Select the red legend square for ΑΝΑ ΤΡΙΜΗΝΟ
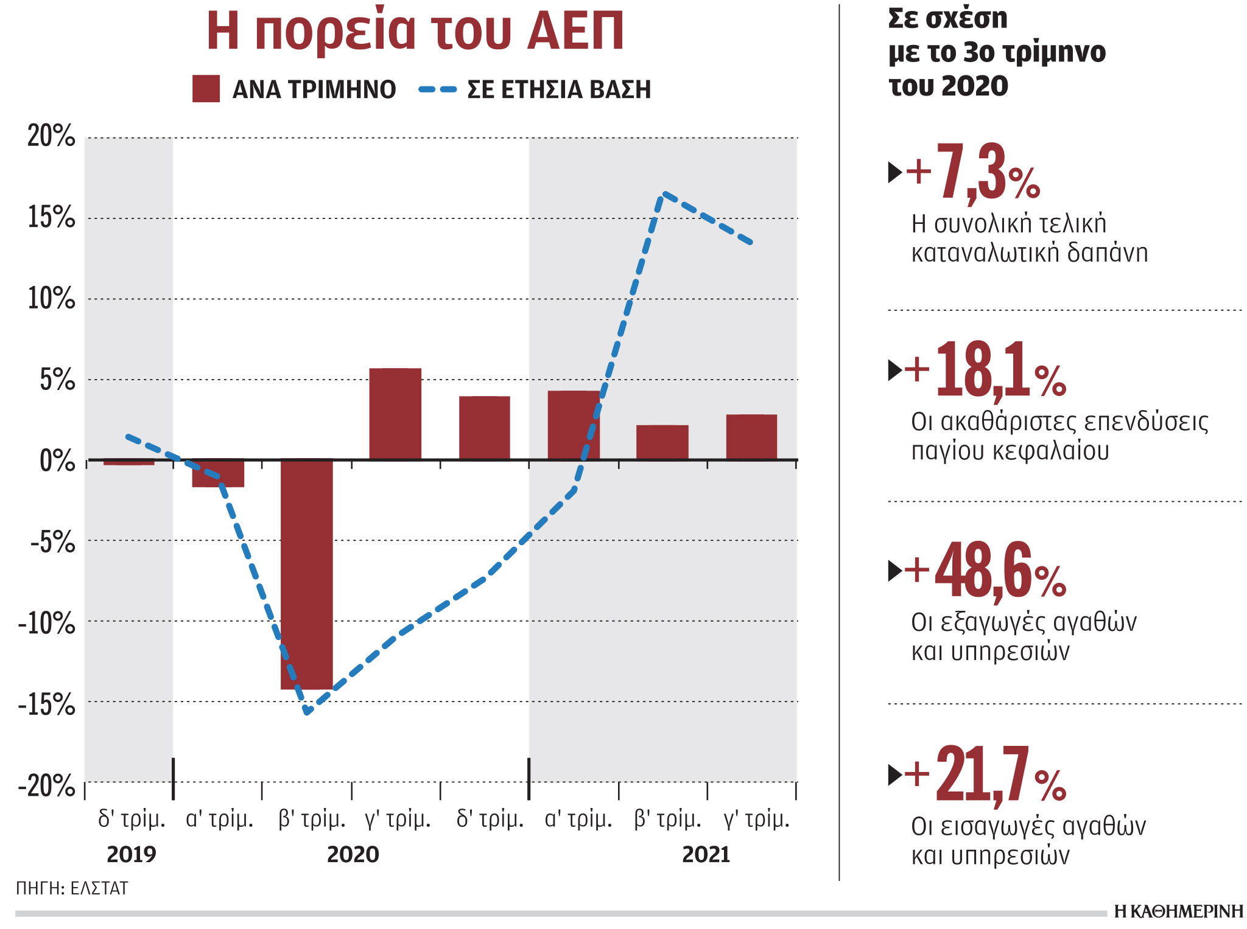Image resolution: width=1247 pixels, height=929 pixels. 206,89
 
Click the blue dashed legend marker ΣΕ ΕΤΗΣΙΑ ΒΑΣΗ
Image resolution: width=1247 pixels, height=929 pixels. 437,89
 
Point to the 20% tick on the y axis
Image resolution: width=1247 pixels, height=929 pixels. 51,136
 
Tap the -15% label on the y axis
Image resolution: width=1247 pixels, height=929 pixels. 47,705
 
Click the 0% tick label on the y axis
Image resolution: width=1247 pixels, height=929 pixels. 57,461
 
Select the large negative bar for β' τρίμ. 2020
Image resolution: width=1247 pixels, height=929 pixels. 307,574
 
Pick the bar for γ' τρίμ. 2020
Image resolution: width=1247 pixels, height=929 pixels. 395,414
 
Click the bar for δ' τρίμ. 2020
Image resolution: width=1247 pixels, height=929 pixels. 485,428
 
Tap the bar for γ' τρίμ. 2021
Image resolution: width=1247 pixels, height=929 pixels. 751,437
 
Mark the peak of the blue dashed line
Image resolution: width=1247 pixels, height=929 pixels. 664,193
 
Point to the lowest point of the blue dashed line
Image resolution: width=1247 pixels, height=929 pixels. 307,712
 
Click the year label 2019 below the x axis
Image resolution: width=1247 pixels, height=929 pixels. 132,855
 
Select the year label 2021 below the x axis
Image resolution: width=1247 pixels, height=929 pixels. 706,855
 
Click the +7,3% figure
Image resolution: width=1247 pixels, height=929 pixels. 973,173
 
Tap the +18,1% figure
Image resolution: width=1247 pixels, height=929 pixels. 985,370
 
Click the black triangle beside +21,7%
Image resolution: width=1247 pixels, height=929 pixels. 894,774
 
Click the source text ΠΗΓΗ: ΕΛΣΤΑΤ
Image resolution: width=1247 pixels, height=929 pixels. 72,888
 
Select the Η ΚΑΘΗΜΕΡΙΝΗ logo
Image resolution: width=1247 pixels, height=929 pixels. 1178,911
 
